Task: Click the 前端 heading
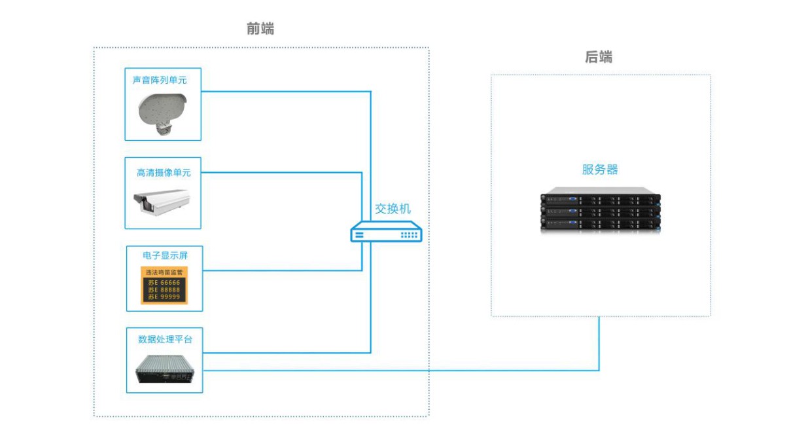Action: [260, 29]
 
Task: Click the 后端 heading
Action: [598, 57]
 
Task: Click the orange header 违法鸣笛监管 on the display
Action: [164, 272]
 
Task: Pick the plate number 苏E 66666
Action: [164, 283]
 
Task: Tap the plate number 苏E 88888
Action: [164, 290]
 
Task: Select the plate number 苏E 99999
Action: [164, 297]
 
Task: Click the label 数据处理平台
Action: [165, 339]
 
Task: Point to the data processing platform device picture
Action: [166, 369]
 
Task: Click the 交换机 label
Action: [393, 209]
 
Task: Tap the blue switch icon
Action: [386, 232]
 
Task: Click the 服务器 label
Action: [600, 170]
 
